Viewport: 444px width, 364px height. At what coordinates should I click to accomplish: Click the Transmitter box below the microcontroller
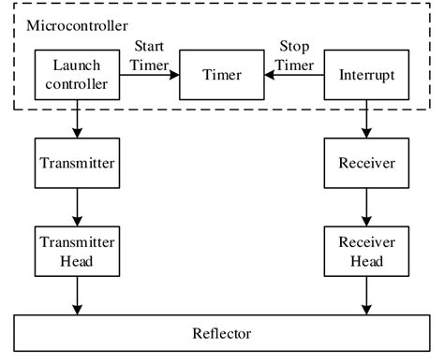pos(77,163)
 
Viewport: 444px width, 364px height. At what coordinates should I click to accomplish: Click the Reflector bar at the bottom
pos(221,332)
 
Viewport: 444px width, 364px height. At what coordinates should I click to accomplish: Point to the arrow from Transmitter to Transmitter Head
pos(77,206)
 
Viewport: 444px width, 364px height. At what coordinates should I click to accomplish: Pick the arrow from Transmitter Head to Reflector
pos(77,294)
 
